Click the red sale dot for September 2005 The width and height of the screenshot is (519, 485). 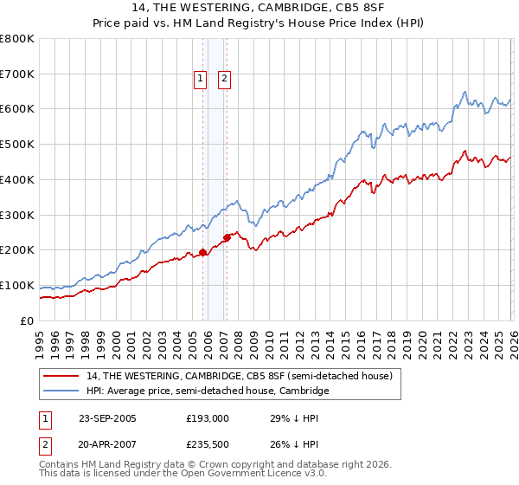click(x=203, y=253)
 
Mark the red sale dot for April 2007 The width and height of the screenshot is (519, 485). click(x=227, y=237)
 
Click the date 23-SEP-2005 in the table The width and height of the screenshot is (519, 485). click(x=107, y=417)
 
